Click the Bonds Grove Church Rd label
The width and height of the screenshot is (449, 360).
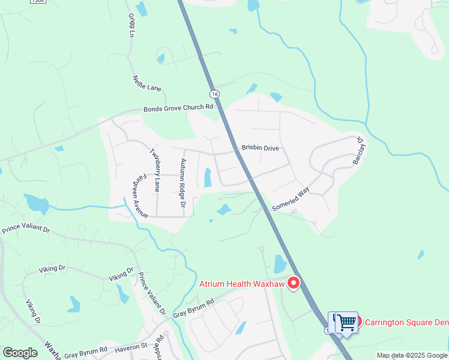tap(178, 108)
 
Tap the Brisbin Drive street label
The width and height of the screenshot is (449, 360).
tap(260, 148)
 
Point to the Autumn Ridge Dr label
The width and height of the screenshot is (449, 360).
tap(183, 179)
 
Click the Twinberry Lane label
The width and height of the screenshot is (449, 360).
tap(155, 169)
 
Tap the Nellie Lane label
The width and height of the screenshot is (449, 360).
tap(147, 83)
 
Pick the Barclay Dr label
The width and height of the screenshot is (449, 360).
tap(359, 150)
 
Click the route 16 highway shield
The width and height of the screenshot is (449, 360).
tap(214, 94)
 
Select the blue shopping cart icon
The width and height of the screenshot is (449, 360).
tap(346, 322)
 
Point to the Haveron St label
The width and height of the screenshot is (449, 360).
tap(131, 346)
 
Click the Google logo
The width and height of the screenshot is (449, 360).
tap(20, 353)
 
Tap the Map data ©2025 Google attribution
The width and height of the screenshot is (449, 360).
tap(411, 355)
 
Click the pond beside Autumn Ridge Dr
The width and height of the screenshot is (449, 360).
tap(208, 178)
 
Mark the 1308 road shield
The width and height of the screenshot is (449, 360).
tap(37, 2)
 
